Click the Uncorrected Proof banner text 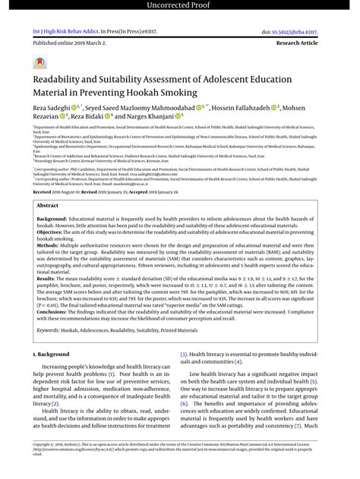click(180, 6)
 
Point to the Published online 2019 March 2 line click(67, 44)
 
